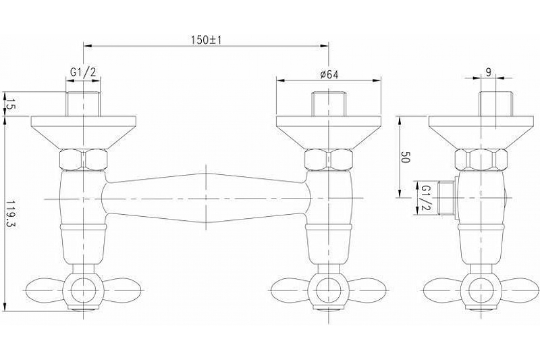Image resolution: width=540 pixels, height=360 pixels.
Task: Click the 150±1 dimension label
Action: pos(207,40)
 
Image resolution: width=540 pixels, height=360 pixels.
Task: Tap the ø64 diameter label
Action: pos(329,74)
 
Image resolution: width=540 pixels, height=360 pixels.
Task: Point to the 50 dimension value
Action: pos(405,159)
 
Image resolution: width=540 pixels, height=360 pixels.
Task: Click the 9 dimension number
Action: pos(488,72)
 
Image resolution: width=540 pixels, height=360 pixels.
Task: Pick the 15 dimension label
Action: pos(9,104)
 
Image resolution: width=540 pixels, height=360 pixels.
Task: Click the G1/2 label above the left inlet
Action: pos(83,72)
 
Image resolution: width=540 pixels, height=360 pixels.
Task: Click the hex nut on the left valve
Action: pos(83,159)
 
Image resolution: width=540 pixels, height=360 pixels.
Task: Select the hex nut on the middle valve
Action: pos(329,159)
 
